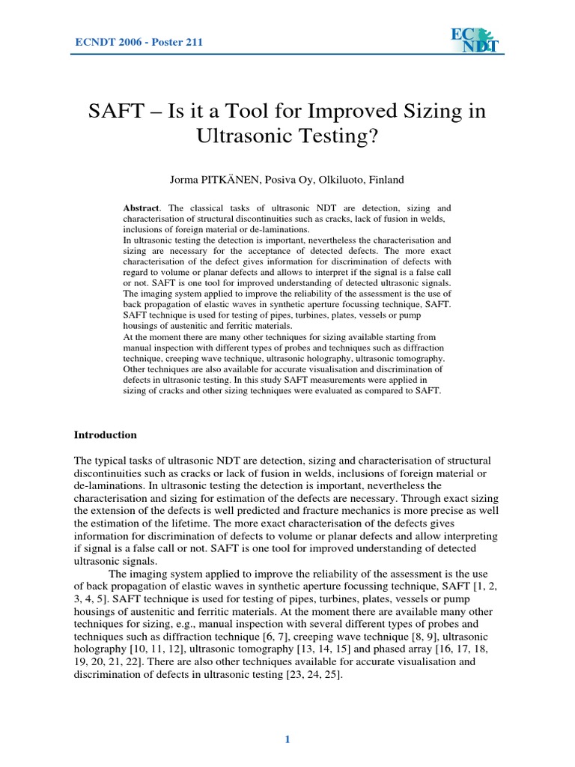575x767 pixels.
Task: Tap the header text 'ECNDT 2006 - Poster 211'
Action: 139,42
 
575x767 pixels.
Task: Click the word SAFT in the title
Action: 115,112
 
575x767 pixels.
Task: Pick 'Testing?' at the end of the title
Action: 343,138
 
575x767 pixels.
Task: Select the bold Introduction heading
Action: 106,434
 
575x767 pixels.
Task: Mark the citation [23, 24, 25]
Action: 314,675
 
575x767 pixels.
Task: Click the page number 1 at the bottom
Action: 287,741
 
